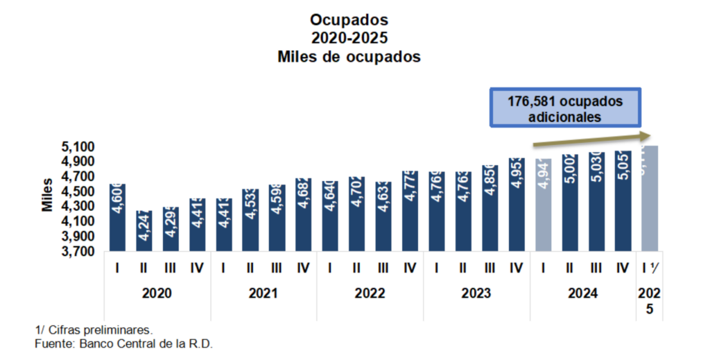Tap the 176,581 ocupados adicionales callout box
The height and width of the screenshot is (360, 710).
pos(565,108)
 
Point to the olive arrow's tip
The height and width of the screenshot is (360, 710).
pos(650,135)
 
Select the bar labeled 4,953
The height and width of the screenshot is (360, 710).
pos(516,205)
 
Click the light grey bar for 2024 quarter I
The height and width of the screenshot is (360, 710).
pos(544,205)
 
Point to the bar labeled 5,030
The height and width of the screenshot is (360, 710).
pos(596,202)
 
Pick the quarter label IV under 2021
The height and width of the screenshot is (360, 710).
pos(303,267)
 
